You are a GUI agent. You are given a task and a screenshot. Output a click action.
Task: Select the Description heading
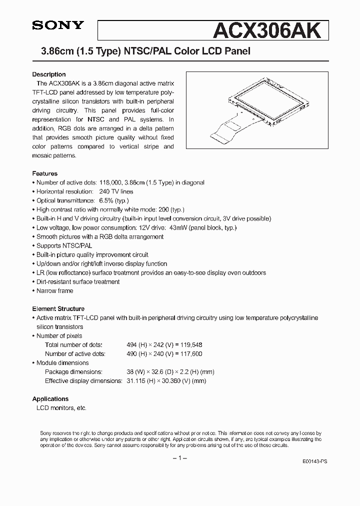[49, 74]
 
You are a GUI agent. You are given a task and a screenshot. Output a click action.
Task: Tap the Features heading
[45, 173]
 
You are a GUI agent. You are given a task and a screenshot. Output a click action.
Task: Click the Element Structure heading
[58, 308]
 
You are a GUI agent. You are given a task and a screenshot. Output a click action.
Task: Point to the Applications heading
[50, 398]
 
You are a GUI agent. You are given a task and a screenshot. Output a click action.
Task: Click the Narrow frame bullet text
[54, 290]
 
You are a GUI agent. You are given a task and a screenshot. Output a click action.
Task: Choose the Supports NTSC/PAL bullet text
[64, 245]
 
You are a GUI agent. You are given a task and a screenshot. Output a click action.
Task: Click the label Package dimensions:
[73, 371]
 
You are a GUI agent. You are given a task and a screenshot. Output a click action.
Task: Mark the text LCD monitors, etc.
[61, 407]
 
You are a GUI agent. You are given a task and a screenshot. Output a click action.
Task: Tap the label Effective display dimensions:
[83, 380]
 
